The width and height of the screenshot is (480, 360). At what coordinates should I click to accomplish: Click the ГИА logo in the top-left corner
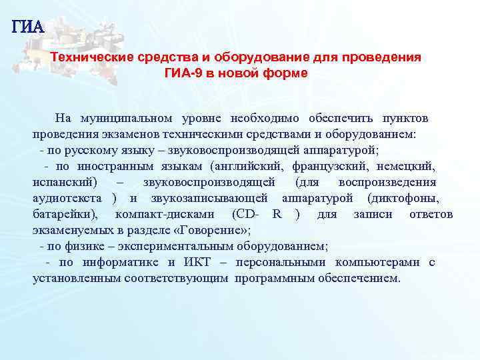point(27,27)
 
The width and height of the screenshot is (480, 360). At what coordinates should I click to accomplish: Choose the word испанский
point(65,183)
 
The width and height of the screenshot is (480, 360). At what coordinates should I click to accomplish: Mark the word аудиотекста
point(67,199)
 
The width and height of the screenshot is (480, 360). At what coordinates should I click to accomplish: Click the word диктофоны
point(408,199)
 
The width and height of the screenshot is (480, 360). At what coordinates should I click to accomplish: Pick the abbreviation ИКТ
point(199,263)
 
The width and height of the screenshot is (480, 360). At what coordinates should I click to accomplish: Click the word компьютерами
point(377,263)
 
